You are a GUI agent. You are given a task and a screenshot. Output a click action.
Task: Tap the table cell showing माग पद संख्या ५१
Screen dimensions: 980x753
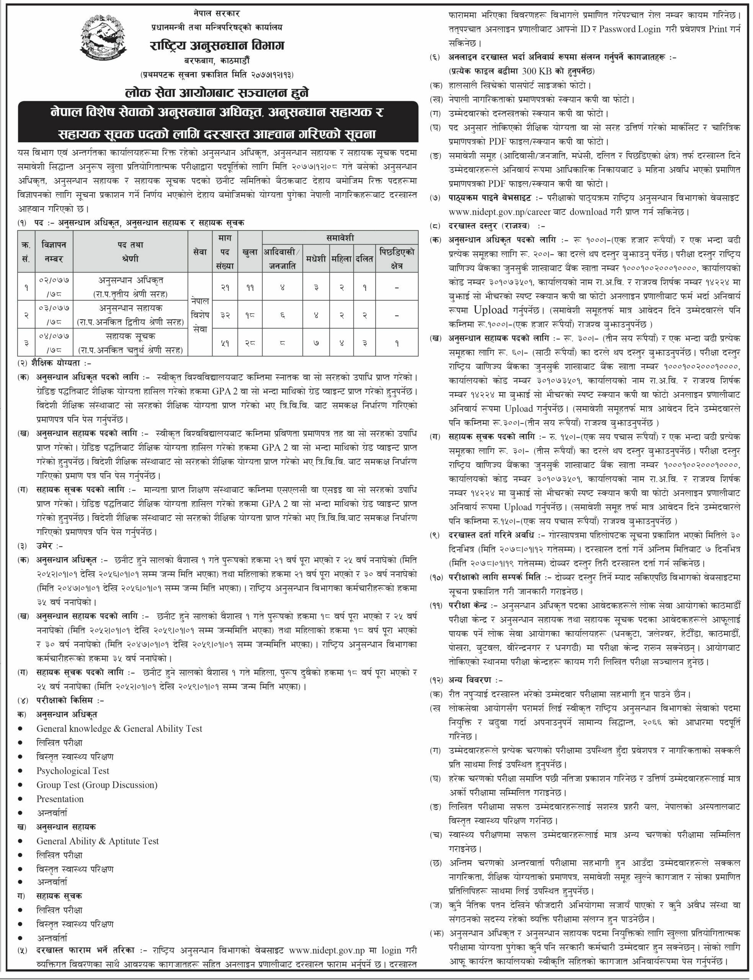click(x=225, y=343)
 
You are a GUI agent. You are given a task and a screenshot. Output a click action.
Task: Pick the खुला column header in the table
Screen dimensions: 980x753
click(x=250, y=252)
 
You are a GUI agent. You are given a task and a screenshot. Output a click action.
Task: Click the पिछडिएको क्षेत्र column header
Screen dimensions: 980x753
click(x=397, y=258)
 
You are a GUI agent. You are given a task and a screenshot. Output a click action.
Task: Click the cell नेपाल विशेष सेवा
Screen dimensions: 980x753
click(x=200, y=315)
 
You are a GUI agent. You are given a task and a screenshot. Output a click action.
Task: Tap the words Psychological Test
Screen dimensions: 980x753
click(x=73, y=770)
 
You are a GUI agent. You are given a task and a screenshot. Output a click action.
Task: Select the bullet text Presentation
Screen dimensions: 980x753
click(x=60, y=799)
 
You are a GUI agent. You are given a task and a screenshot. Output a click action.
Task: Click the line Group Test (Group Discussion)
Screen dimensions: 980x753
click(x=97, y=785)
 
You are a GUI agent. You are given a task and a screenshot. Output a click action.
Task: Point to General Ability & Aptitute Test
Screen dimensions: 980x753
click(x=98, y=841)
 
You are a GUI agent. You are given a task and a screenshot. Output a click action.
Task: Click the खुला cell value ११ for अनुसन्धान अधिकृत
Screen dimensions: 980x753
click(x=250, y=287)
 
